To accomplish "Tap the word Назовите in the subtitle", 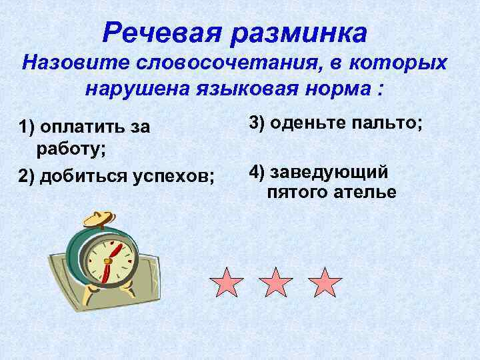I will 73,64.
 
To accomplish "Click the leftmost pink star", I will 226,283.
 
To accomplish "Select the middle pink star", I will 275,283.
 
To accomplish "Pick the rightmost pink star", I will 325,283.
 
